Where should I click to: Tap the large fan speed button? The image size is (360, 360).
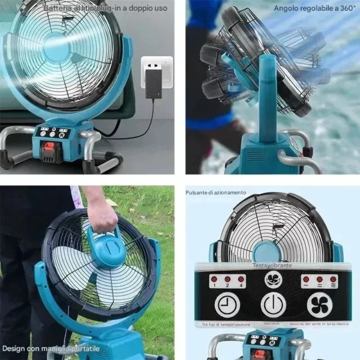click(x=319, y=305)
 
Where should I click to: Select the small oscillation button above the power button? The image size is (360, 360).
click(x=273, y=279)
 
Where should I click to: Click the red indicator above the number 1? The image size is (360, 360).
click(x=214, y=279)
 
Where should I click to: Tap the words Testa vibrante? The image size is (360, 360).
click(x=273, y=265)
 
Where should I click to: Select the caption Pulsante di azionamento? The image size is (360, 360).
click(x=216, y=193)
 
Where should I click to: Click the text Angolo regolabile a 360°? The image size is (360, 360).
click(x=315, y=8)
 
